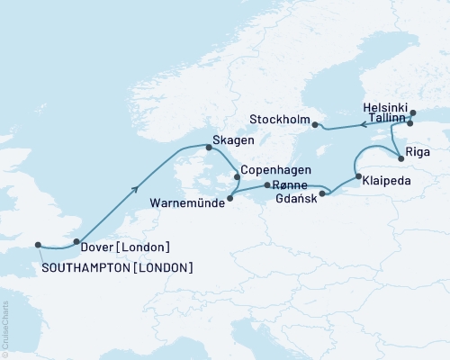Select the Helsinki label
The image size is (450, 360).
click(385, 105)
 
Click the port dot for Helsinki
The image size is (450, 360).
click(413, 113)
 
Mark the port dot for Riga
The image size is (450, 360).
click(401, 153)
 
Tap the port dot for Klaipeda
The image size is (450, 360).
click(358, 176)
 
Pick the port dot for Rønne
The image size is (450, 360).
click(267, 185)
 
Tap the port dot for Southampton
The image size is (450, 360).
click(38, 244)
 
